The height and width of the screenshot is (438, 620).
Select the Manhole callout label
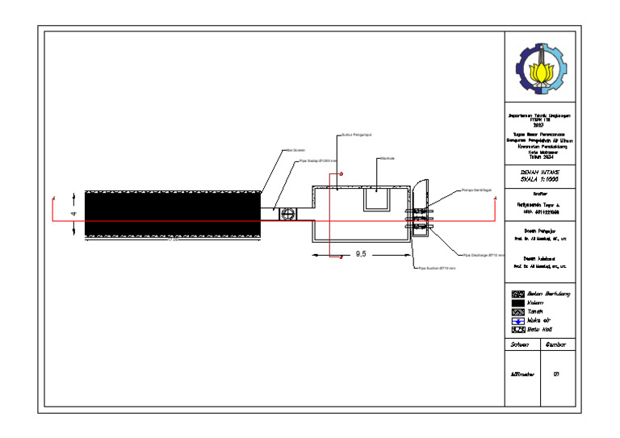pos(386,158)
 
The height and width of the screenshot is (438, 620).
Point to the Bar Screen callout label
pos(294,150)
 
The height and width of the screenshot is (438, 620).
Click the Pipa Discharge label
pos(484,255)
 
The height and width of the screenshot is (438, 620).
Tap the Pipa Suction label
pos(436,267)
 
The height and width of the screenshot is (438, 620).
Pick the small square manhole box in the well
pos(377,198)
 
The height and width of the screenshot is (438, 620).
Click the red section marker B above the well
pos(341,174)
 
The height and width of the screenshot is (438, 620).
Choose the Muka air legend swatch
pos(517,320)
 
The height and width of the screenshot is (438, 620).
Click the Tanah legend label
pos(534,311)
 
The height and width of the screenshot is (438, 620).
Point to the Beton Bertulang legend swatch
pos(517,294)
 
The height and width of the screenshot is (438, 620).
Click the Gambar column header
pos(556,344)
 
